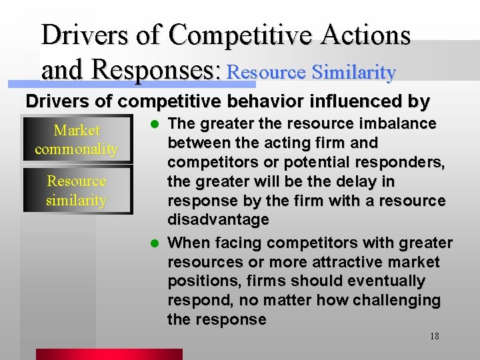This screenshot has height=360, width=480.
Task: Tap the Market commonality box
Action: point(76,140)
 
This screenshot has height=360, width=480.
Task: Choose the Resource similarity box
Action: point(76,191)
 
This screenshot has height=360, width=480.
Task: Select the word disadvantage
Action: point(218,220)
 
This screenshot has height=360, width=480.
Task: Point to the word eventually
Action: point(378,281)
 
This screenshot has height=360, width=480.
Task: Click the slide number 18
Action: point(434,336)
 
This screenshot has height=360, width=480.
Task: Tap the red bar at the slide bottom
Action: point(109,354)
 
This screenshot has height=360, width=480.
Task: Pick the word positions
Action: point(199,281)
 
